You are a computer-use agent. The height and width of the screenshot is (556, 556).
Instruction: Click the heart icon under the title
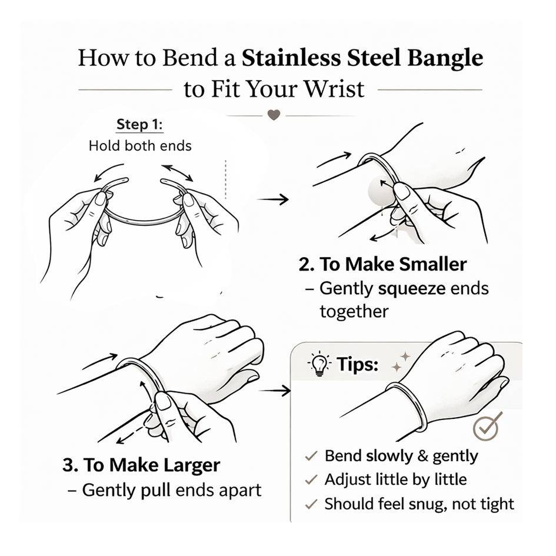click(274, 115)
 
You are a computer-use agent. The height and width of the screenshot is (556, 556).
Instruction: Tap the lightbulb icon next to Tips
click(319, 364)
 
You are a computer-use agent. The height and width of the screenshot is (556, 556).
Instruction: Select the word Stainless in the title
click(291, 58)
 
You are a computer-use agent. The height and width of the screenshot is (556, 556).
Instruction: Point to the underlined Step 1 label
click(139, 125)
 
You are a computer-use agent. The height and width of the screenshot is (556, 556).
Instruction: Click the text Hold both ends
click(140, 146)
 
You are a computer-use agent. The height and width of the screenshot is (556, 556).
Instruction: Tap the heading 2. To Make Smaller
click(382, 264)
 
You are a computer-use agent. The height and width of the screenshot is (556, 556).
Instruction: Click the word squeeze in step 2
click(411, 289)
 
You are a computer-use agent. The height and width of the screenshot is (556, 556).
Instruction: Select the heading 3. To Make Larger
click(141, 465)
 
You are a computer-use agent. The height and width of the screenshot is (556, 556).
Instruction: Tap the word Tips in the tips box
click(358, 364)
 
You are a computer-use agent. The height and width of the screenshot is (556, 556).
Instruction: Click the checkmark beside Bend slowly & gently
click(311, 456)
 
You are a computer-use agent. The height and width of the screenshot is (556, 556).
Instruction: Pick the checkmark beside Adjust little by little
click(311, 480)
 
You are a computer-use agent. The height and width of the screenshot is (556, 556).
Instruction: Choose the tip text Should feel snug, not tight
click(419, 504)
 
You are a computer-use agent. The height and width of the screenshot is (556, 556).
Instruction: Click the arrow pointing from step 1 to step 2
click(272, 199)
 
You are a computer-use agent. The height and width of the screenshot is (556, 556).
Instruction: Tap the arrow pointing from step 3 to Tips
click(275, 391)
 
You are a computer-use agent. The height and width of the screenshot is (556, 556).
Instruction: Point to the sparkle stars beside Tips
click(401, 362)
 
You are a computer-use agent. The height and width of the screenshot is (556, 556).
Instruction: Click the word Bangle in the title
click(445, 58)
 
